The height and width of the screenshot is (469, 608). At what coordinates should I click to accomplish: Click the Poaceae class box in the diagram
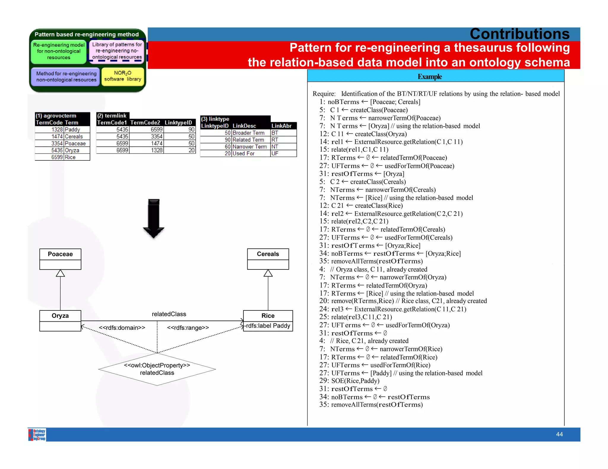coord(60,259)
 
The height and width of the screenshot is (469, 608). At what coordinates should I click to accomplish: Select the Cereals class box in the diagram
coord(268,259)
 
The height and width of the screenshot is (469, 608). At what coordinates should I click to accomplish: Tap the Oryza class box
coord(60,320)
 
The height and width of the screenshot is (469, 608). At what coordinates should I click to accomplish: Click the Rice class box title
coord(268,316)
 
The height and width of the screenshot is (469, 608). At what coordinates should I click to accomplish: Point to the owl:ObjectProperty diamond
coord(157,369)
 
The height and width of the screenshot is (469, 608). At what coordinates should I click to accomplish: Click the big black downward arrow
coord(154,218)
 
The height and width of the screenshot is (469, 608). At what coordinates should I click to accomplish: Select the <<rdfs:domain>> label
coord(122,328)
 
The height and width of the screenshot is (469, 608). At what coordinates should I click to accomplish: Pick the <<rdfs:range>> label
coord(188,328)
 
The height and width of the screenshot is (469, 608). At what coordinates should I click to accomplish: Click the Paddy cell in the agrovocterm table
coord(77,130)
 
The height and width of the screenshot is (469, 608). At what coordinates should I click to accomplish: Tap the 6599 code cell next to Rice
coord(49,157)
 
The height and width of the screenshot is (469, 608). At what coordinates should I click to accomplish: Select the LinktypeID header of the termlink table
coord(179,123)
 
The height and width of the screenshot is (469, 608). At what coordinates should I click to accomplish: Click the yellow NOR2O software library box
coord(123,76)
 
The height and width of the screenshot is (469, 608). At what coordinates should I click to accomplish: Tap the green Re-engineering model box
coord(59,51)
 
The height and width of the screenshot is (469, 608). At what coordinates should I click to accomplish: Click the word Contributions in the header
coord(520,34)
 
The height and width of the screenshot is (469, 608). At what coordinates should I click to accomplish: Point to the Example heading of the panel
coord(430,77)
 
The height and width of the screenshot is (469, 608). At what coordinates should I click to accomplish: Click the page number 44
coord(559,434)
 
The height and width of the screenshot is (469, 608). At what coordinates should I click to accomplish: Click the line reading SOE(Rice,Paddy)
coord(355,381)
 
